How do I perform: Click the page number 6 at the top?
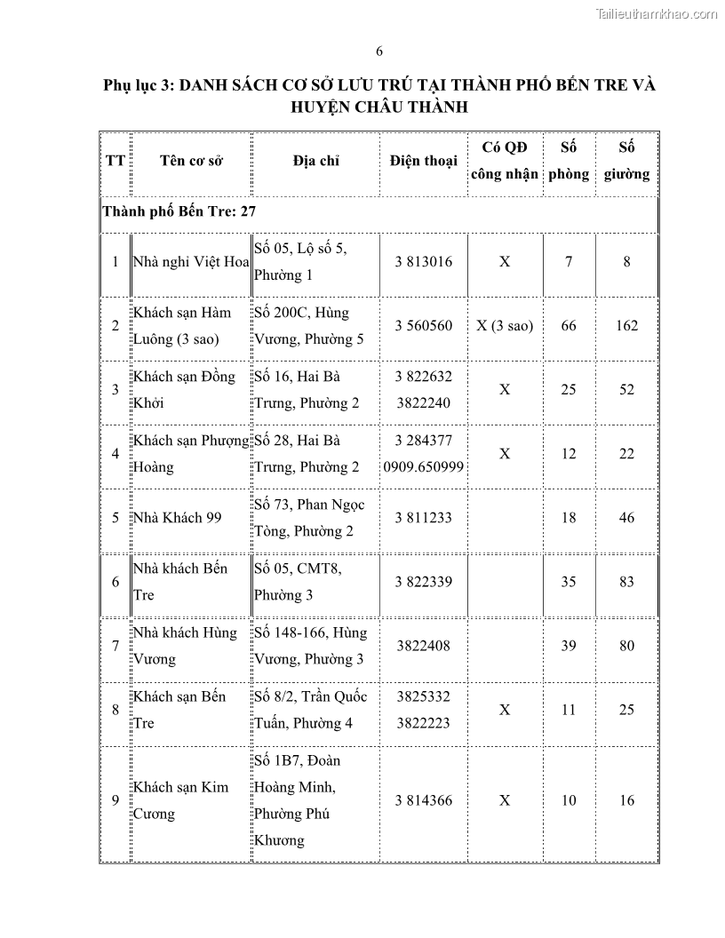[379, 51]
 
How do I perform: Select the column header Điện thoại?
[423, 161]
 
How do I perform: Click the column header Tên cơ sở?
[191, 161]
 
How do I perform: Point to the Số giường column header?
[626, 161]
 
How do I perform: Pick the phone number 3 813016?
[423, 261]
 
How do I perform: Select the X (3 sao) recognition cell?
[505, 325]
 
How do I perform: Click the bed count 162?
[626, 325]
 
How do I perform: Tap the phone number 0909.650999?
[423, 466]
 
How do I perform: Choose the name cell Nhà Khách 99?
[177, 517]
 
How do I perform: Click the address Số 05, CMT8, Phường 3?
[303, 581]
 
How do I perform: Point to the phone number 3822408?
[423, 646]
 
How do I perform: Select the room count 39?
[569, 646]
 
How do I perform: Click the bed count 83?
[626, 581]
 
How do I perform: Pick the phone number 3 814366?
[423, 799]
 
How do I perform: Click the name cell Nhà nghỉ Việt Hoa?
[190, 261]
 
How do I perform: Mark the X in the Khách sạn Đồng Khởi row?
[505, 389]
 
